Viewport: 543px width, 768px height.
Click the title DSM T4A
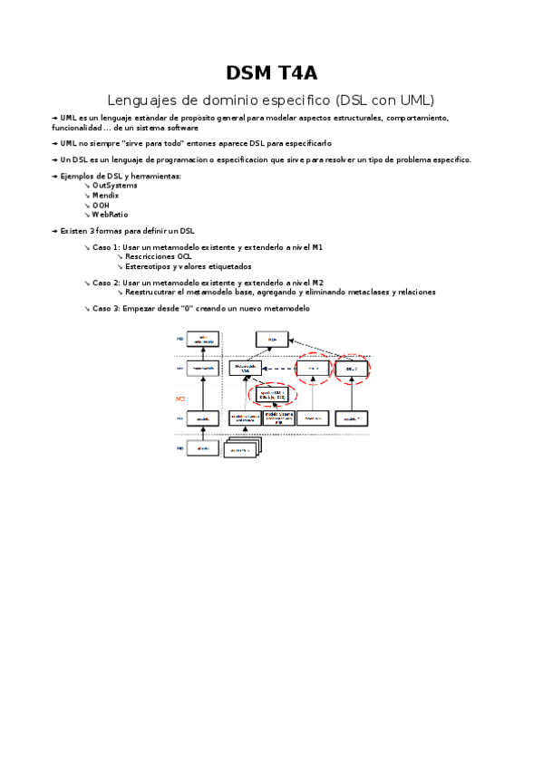(x=271, y=73)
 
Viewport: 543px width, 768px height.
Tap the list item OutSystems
(x=115, y=185)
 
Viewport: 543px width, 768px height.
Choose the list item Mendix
(x=106, y=195)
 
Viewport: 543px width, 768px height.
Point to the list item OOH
(x=101, y=205)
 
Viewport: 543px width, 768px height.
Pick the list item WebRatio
(x=111, y=215)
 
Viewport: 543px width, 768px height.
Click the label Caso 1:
(x=106, y=247)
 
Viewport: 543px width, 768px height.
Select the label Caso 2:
(x=106, y=283)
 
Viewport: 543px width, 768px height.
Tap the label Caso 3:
(x=106, y=309)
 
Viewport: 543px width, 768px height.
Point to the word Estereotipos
(x=149, y=266)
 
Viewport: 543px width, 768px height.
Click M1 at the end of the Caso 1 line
(x=317, y=247)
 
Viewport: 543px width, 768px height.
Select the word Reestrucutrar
(x=151, y=293)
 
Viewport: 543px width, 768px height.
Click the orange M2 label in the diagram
(x=180, y=398)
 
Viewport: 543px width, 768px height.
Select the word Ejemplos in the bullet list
(x=76, y=176)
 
